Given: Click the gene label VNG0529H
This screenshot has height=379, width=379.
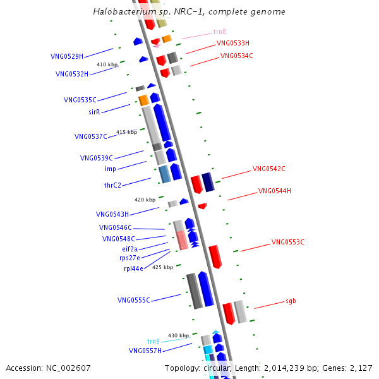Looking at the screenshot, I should pos(67,56).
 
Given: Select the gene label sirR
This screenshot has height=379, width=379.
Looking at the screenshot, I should pos(94,112).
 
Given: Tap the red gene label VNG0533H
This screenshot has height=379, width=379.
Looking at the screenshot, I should pos(233,44).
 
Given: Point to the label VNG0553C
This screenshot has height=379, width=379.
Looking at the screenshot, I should pos(287,242).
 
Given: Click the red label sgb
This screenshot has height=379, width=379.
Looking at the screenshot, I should pos(291,301).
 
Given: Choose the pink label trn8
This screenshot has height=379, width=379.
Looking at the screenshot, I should pos(220,32).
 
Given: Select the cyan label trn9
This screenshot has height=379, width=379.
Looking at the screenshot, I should pos(153,341).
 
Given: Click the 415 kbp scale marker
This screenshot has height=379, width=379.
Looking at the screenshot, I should pos(126,132).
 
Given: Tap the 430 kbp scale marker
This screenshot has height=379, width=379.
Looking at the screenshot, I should pos(178,335).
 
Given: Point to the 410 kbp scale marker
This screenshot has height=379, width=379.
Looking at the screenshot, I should pos(107,64).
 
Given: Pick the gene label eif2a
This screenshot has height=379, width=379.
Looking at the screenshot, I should pos(130,249).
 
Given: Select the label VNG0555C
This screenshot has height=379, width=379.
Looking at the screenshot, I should pos(134,300).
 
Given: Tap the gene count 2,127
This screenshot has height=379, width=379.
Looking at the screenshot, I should pos(360,368).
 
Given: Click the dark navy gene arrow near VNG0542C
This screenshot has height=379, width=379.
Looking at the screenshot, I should pos(208,182).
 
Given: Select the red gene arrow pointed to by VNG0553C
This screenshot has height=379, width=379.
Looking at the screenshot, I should pos(215,256).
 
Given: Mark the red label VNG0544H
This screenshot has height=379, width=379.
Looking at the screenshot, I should pos(275,191).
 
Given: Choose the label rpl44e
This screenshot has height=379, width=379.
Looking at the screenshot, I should pos(133,268).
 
